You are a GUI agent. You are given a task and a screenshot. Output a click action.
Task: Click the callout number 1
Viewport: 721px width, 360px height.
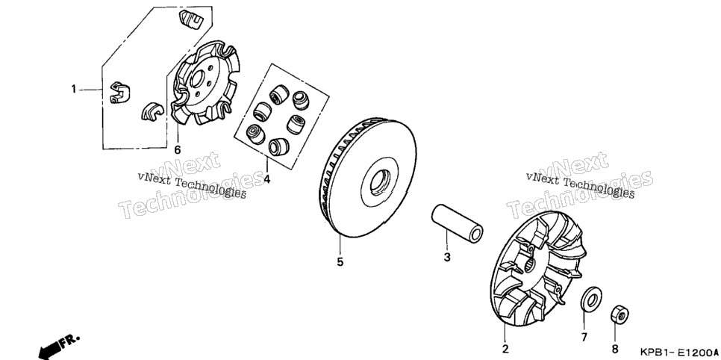click(x=74, y=89)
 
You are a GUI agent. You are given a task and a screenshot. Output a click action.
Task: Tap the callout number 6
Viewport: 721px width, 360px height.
click(x=178, y=149)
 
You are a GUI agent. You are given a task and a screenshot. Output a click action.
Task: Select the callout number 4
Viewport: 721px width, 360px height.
click(x=266, y=179)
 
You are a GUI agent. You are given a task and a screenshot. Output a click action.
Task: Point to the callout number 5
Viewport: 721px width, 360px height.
click(x=340, y=262)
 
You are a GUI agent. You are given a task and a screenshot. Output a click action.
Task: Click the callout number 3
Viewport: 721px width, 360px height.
click(x=447, y=257)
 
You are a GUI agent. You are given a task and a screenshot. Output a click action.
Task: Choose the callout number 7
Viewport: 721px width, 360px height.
click(x=584, y=338)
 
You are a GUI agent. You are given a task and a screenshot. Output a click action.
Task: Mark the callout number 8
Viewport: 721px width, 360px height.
click(x=615, y=349)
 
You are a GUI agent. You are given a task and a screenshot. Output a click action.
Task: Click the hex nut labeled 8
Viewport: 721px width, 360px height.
click(x=619, y=315)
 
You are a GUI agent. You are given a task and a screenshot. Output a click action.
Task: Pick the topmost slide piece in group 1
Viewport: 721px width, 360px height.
click(x=191, y=20)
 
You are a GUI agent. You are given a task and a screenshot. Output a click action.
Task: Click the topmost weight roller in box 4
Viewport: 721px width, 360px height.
click(x=279, y=94)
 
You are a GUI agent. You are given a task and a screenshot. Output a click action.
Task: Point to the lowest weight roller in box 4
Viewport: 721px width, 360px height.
click(x=278, y=147)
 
